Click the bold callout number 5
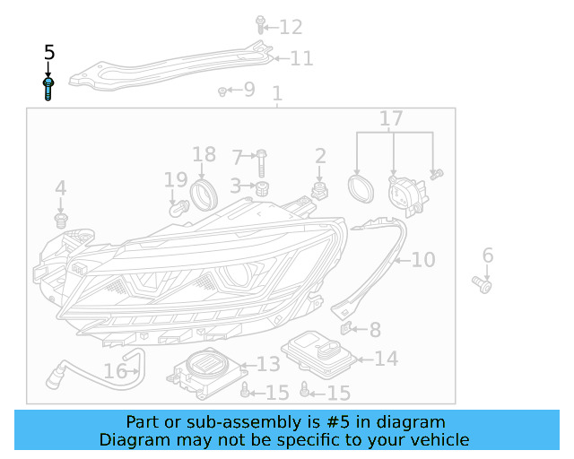[x=49, y=54]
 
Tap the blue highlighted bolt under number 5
[x=49, y=89]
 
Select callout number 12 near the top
[x=291, y=27]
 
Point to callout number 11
[x=301, y=59]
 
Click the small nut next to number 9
[x=222, y=91]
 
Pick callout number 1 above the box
[x=277, y=93]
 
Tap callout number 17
[x=392, y=118]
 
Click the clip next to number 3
[x=263, y=188]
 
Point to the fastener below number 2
[x=319, y=190]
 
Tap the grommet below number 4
[x=61, y=219]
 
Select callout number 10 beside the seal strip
[x=422, y=260]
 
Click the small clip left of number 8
[x=350, y=330]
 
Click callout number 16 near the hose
[x=116, y=371]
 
